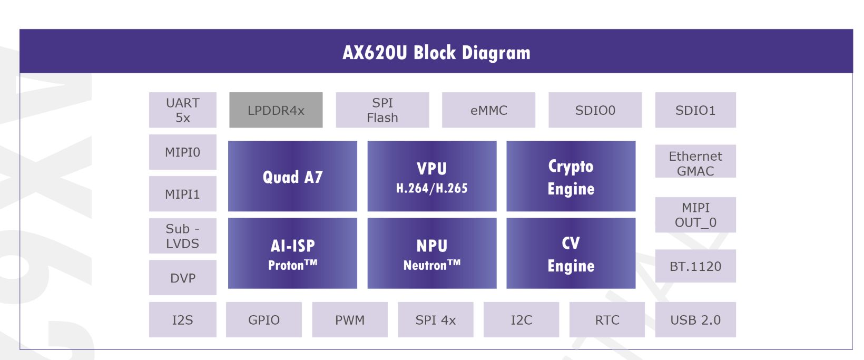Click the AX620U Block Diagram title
436,53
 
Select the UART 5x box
182,110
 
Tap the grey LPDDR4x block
276,110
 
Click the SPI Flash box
382,110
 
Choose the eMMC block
488,110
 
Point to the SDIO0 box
595,110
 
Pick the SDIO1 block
695,110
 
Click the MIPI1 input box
182,194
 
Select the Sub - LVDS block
182,236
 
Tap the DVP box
182,278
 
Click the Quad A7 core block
292,176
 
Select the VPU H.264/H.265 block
431,176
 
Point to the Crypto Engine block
571,176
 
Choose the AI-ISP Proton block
292,253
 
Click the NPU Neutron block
431,253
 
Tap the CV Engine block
571,253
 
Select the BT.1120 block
695,266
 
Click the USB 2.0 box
695,319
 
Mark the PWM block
349,319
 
